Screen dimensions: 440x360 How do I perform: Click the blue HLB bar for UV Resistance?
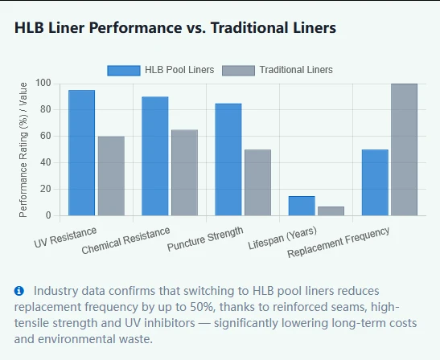[82, 153]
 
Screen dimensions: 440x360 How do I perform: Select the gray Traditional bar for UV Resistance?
[111, 176]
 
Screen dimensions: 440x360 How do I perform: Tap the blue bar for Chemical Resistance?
[155, 156]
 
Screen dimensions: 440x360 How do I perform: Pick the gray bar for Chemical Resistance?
[185, 173]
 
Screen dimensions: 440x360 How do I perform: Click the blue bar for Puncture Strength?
[228, 160]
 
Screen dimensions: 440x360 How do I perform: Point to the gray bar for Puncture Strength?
[258, 182]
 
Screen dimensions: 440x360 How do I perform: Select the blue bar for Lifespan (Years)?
[302, 206]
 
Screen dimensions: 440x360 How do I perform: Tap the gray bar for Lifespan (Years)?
[331, 211]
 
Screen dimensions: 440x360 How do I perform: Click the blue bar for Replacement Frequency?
[375, 182]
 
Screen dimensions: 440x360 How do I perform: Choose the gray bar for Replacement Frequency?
[405, 149]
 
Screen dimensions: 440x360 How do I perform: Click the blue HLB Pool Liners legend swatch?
[124, 71]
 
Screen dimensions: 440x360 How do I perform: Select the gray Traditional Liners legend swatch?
[239, 71]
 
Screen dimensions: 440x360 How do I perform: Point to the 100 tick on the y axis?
[43, 84]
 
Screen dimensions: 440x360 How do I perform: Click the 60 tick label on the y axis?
[46, 136]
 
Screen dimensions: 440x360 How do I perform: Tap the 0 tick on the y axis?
[48, 215]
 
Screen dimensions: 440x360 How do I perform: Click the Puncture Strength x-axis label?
[205, 239]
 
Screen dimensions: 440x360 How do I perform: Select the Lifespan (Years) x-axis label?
[282, 238]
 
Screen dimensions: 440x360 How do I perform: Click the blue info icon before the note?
[19, 291]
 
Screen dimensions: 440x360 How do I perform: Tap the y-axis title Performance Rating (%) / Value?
[23, 149]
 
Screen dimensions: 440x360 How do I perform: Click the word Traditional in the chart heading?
[247, 28]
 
